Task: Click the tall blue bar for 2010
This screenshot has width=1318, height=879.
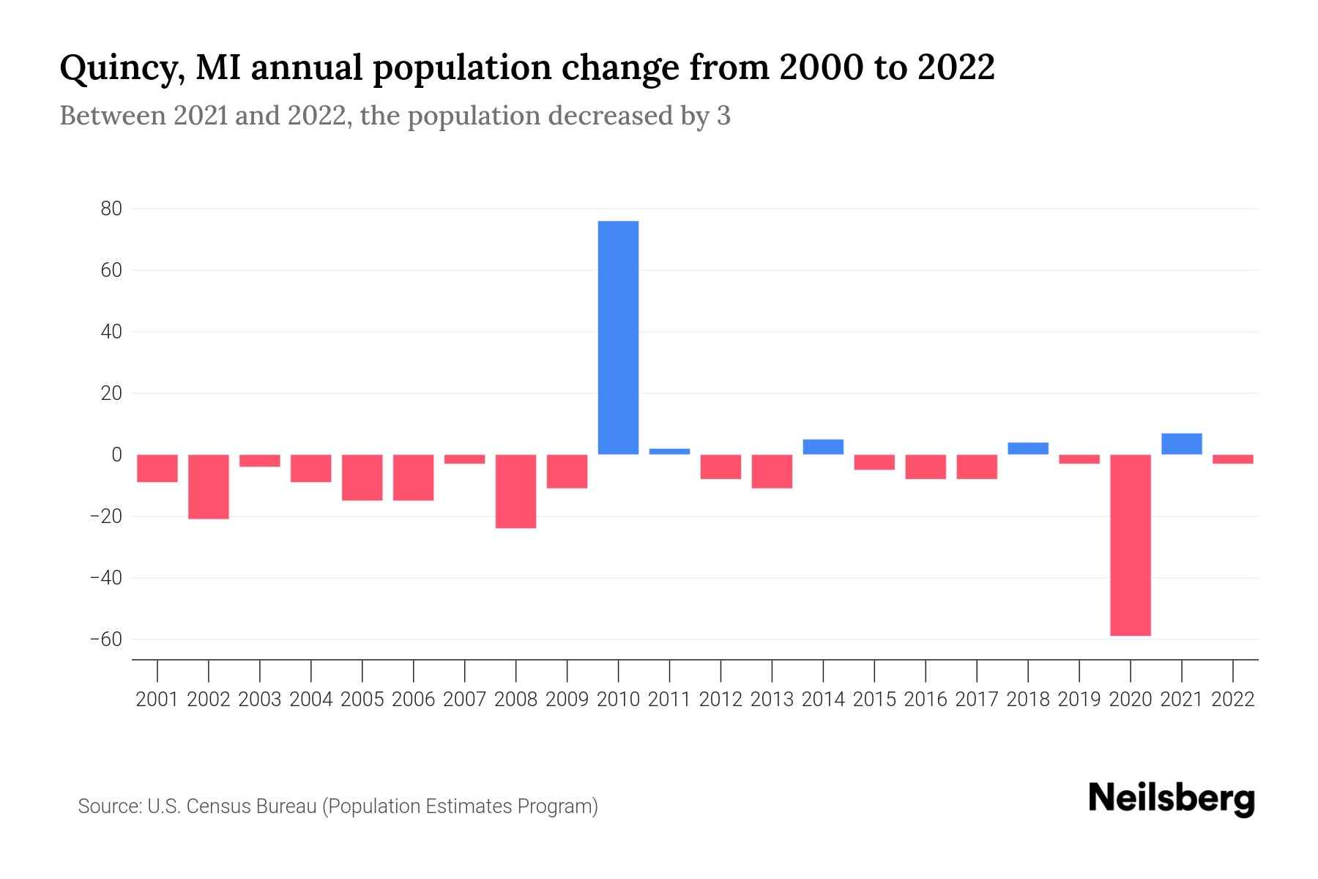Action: click(618, 337)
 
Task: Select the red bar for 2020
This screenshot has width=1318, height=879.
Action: click(1131, 545)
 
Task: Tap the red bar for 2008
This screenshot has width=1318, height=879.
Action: click(515, 491)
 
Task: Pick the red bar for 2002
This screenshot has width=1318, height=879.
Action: click(209, 486)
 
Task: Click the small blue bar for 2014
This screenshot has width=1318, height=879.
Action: click(823, 447)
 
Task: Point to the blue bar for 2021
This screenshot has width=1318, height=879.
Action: click(1182, 444)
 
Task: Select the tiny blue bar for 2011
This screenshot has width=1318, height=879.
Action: click(669, 451)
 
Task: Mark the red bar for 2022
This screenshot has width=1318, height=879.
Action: click(1233, 459)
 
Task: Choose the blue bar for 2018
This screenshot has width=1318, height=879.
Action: click(1028, 448)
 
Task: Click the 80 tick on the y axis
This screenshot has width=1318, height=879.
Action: click(111, 209)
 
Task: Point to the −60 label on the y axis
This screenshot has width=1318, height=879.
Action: click(106, 639)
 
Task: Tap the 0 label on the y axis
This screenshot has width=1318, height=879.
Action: click(116, 455)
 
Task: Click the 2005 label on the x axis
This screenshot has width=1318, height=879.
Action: click(362, 700)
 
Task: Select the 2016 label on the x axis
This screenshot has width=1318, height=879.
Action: click(926, 700)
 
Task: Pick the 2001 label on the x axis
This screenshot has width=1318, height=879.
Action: click(157, 700)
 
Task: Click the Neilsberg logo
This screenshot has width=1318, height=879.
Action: click(1172, 798)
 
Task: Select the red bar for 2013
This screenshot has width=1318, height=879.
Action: click(772, 471)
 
